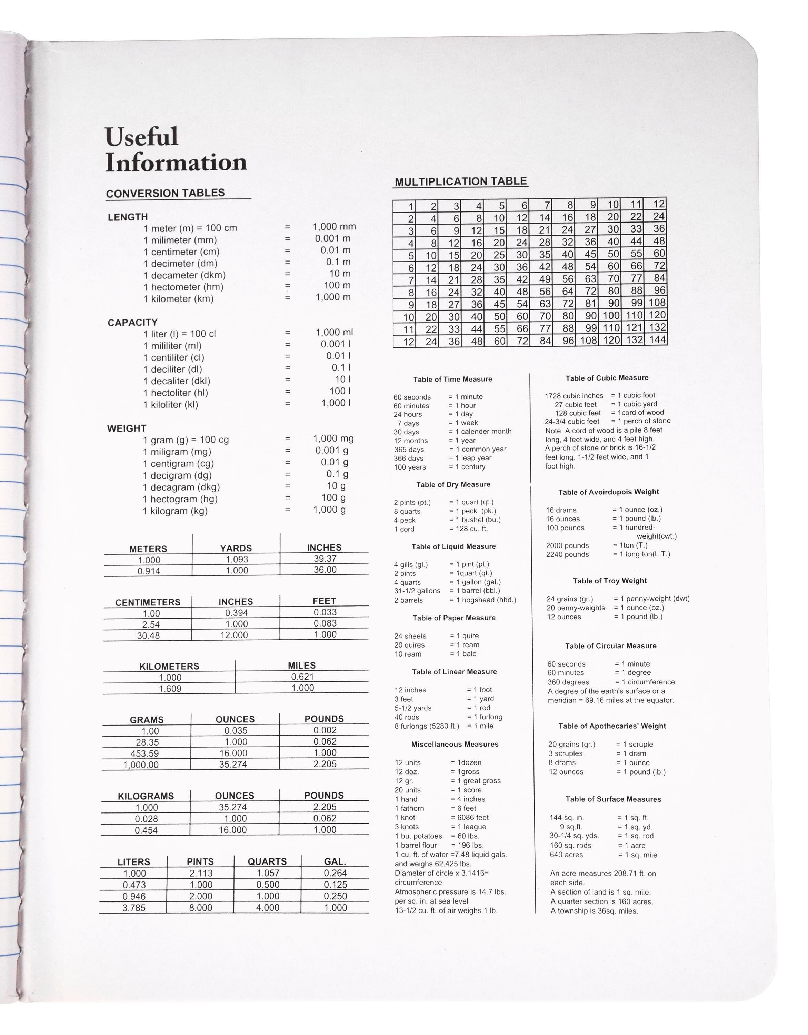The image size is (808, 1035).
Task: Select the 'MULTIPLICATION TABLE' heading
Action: pos(460,181)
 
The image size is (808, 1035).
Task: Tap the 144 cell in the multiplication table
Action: pos(657,339)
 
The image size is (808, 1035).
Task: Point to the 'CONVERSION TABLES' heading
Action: pos(165,193)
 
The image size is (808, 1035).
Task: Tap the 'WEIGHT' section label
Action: pos(127,428)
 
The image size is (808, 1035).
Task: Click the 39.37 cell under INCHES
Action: pos(325,559)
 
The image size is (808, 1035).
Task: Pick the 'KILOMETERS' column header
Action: pos(169,666)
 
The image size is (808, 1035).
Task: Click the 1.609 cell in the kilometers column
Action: pos(170,689)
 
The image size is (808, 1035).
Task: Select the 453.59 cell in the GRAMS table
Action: pos(144,753)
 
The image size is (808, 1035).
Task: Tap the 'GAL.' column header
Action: pos(335,861)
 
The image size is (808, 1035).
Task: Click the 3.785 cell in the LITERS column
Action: pos(134,908)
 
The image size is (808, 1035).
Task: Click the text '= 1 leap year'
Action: pos(470,458)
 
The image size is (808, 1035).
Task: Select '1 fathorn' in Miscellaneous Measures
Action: pos(409,808)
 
